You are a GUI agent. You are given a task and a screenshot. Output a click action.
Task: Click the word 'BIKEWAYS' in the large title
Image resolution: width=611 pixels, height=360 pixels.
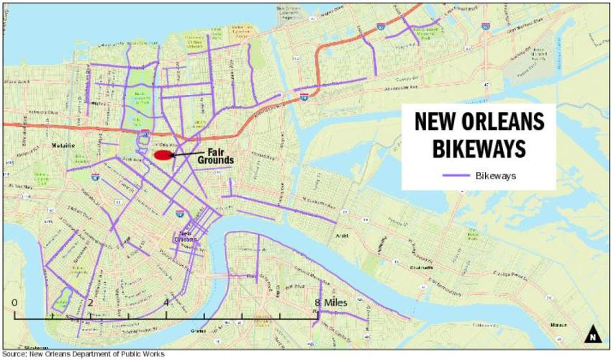pos(479,148)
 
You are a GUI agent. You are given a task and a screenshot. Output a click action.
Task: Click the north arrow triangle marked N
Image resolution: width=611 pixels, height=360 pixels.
pos(592,334)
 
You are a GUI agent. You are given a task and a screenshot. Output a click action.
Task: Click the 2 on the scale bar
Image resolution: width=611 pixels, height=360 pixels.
pos(90,302)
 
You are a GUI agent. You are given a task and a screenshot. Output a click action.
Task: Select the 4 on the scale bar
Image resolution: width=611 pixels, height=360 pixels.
pos(166,302)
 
